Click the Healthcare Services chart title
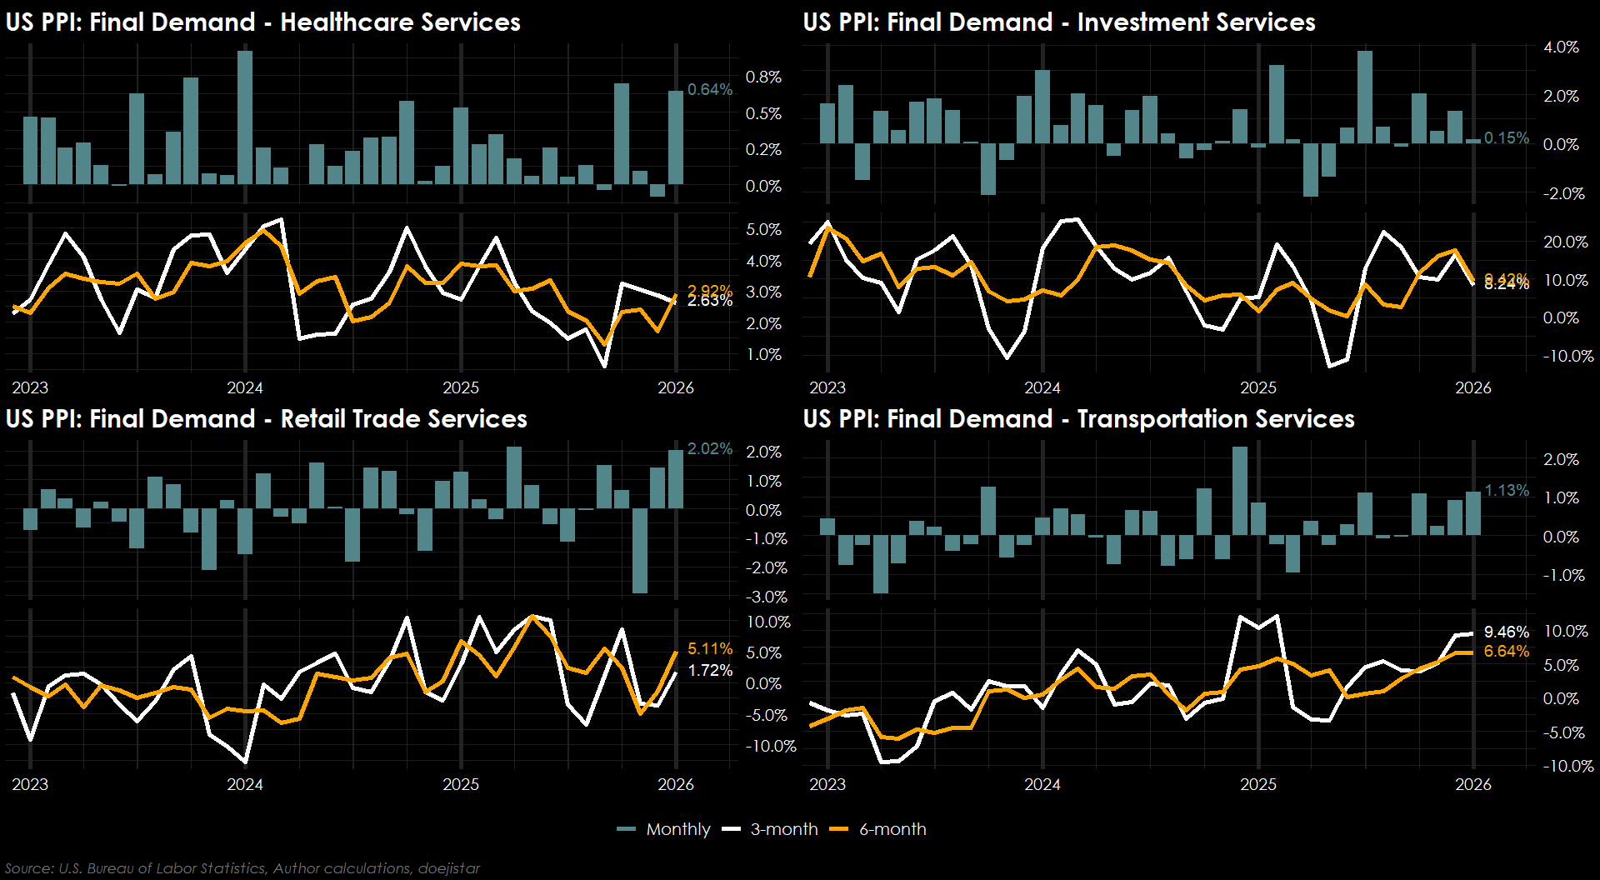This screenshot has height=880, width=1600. [262, 22]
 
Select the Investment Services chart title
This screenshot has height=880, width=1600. [1058, 22]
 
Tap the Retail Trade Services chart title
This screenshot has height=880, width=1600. [266, 419]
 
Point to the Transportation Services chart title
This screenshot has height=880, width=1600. [1078, 419]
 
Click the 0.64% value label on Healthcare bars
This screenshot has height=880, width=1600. [709, 90]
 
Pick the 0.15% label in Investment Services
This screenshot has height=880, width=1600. [1506, 138]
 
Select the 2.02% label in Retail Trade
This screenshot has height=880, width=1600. [709, 449]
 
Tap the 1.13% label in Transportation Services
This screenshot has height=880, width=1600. [1506, 491]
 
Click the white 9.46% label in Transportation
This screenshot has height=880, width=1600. [1506, 632]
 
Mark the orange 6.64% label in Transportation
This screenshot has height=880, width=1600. [1506, 651]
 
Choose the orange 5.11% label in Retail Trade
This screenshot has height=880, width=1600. [709, 649]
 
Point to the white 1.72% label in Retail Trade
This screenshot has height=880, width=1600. [709, 671]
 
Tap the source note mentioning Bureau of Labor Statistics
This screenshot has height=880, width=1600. [242, 868]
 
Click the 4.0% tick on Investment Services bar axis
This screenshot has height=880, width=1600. [1560, 47]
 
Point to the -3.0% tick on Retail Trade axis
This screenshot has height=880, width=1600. [765, 597]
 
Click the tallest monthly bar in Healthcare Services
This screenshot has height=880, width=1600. [245, 117]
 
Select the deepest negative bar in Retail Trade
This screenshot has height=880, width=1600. [640, 550]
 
